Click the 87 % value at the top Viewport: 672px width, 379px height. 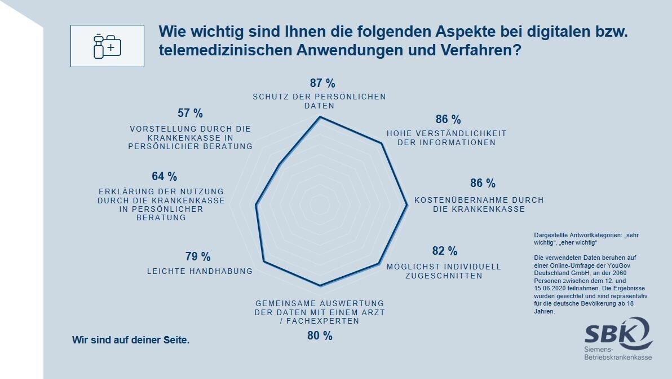tap(322, 84)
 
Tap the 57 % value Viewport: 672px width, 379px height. tap(190, 113)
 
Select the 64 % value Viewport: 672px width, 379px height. tap(164, 176)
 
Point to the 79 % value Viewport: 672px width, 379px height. tap(198, 256)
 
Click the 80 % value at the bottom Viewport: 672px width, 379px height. tap(320, 336)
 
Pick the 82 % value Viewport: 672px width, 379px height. tap(445, 251)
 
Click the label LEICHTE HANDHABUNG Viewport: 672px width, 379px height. tap(200, 271)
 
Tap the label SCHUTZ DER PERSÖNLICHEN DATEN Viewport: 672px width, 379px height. tap(319, 101)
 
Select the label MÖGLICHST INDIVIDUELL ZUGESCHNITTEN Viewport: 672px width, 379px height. tap(443, 271)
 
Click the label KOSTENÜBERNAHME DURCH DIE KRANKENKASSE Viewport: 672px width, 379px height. tap(479, 204)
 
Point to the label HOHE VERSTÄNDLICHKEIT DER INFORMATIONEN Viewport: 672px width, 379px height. tap(446, 138)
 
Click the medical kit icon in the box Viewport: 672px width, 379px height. tap(107, 46)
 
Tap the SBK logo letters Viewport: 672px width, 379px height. tap(612, 333)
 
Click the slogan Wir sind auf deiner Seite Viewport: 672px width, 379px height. tap(131, 340)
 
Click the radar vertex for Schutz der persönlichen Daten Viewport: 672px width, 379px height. tap(320, 117)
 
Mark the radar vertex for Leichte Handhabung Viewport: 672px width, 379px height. tap(264, 262)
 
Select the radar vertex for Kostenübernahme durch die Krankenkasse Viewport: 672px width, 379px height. tap(407, 206)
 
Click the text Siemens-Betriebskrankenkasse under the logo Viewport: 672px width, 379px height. tap(617, 355)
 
